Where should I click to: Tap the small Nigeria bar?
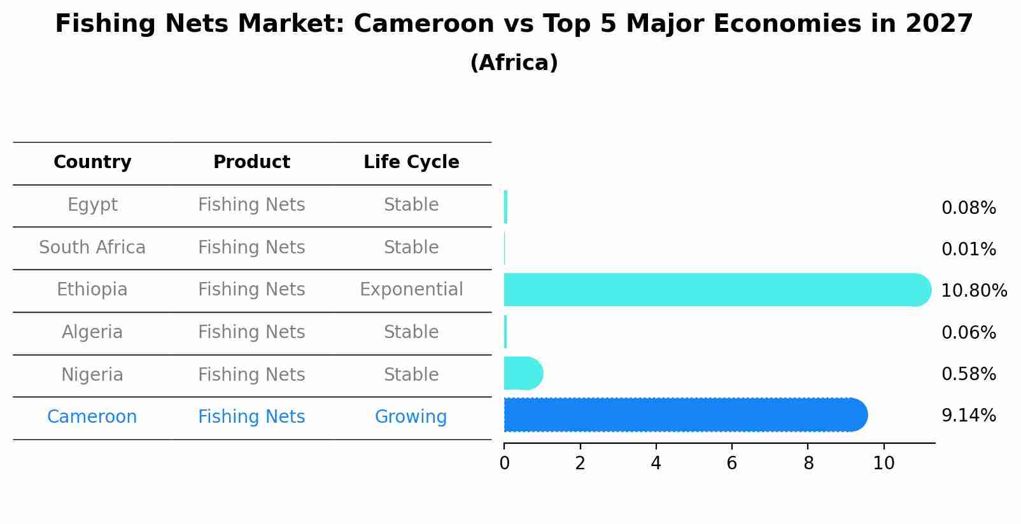[523, 373]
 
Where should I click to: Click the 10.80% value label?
[973, 291]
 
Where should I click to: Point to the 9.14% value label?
[968, 416]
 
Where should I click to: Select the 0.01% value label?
[968, 250]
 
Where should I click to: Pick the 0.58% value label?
[968, 374]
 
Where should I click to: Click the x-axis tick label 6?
[731, 464]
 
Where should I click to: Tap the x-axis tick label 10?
[884, 464]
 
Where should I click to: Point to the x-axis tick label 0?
[504, 464]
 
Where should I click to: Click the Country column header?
[92, 162]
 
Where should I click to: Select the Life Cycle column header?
[411, 162]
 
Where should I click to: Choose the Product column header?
[251, 162]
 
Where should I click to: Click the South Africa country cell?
[92, 248]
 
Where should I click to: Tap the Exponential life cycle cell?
[411, 290]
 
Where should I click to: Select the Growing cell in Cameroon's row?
[411, 417]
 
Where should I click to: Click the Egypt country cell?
[92, 205]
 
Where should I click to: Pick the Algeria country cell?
[92, 332]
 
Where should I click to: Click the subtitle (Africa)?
[514, 63]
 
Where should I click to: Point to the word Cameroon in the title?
[423, 24]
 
